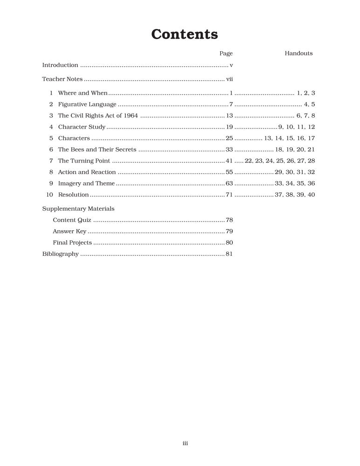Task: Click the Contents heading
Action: tap(184, 34)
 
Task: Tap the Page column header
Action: tap(226, 54)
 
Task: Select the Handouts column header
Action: tap(299, 54)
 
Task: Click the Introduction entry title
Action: tap(60, 65)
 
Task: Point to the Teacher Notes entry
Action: tap(62, 79)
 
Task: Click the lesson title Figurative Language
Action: tap(87, 104)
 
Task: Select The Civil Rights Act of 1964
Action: tap(98, 116)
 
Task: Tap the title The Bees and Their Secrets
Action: tap(97, 150)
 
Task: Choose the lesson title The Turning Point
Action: tap(84, 161)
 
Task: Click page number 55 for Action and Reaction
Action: tap(229, 172)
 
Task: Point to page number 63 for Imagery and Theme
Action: tap(229, 184)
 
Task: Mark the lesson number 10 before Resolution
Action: tap(50, 195)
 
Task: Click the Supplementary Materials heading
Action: tap(78, 209)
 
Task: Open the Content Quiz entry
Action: tap(72, 220)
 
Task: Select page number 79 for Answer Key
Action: tap(229, 231)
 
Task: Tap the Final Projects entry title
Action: tap(72, 242)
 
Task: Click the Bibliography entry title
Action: tap(61, 254)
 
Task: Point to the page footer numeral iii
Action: tap(185, 444)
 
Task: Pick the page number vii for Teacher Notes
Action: tap(229, 79)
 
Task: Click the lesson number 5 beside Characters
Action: tap(51, 138)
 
